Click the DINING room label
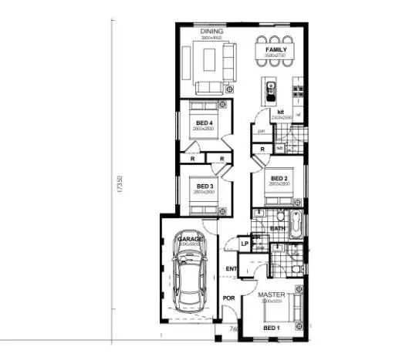(211, 32)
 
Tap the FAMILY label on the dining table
(276, 49)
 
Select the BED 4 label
(204, 124)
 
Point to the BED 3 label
(204, 187)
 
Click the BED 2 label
(279, 179)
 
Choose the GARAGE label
(189, 240)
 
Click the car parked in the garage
(189, 282)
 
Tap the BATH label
(278, 229)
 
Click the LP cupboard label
(244, 244)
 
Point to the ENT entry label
(230, 268)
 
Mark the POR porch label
(228, 298)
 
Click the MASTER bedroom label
(272, 295)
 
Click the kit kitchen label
(282, 113)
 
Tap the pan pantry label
(262, 132)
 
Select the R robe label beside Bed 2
(263, 149)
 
